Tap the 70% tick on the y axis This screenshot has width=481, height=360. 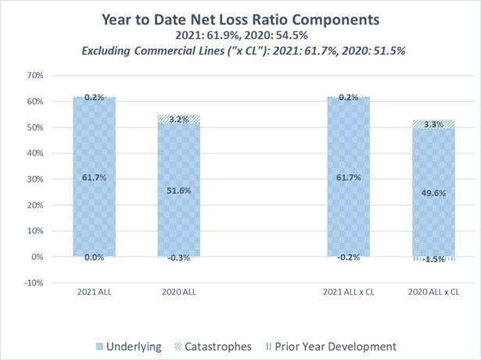(x=34, y=76)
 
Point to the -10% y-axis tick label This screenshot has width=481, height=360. (x=33, y=283)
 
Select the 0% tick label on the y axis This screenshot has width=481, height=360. (x=38, y=257)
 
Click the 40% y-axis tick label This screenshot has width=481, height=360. (x=34, y=153)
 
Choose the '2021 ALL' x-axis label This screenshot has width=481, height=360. (x=93, y=291)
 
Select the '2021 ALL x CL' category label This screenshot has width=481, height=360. (x=348, y=291)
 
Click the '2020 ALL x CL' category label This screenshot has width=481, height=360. (x=434, y=291)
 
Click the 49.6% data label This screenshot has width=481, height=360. (x=434, y=193)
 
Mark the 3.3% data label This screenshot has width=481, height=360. (x=434, y=124)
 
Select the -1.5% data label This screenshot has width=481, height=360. (x=434, y=259)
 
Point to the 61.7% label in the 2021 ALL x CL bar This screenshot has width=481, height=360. (x=348, y=178)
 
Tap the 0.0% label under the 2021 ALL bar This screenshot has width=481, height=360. (x=93, y=257)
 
